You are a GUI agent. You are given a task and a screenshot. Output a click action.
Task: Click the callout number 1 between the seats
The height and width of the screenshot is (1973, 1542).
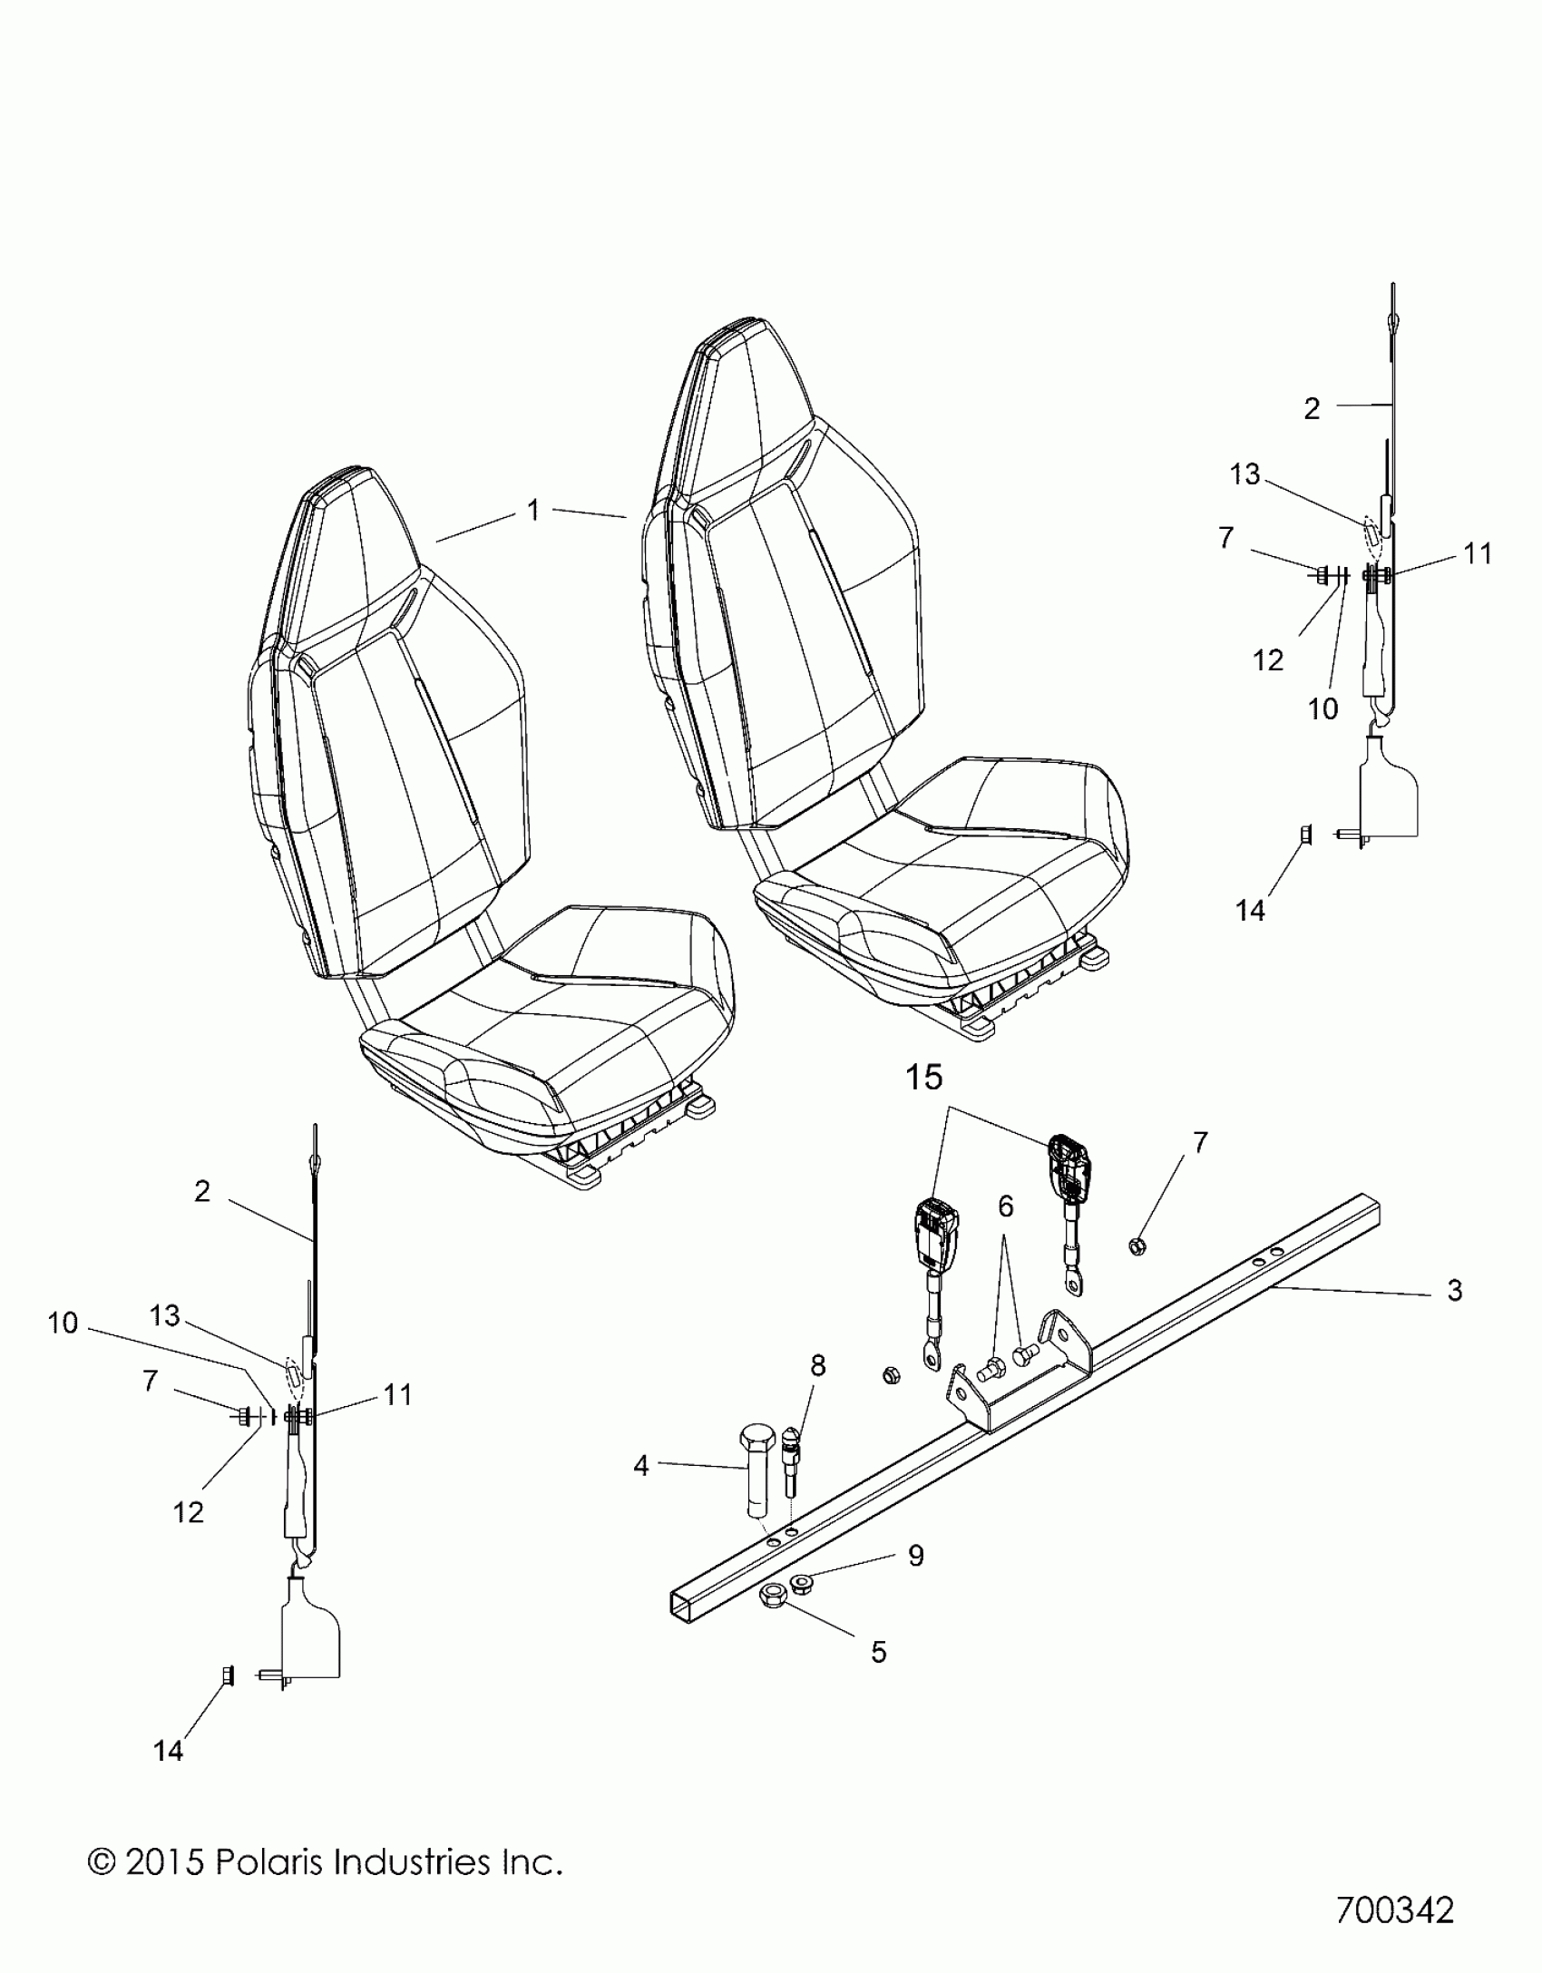click(533, 511)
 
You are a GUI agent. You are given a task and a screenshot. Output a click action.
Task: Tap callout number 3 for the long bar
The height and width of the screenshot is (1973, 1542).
click(1454, 1290)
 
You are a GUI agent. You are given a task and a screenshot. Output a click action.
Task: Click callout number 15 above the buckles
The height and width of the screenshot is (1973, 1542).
click(923, 1077)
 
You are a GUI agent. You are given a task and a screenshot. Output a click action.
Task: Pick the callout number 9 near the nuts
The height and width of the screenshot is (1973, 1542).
click(915, 1555)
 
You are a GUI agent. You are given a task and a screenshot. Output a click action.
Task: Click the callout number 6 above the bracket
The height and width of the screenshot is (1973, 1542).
click(1005, 1206)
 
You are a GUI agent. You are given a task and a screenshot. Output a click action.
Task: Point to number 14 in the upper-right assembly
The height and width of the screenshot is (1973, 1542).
click(1250, 910)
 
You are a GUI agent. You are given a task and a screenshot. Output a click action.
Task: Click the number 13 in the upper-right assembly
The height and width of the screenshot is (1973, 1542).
click(1244, 474)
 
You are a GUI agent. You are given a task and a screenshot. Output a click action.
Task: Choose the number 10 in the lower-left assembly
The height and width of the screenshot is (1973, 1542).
click(63, 1323)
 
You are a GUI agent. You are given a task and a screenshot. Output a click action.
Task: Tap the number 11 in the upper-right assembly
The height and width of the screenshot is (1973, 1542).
click(1478, 552)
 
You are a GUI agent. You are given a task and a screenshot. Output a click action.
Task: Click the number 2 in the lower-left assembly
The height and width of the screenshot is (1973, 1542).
click(201, 1190)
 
